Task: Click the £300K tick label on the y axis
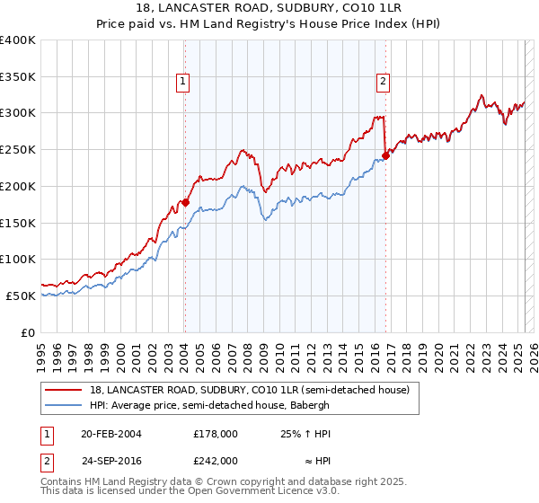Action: [18, 113]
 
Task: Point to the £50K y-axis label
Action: [21, 296]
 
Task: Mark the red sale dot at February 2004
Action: [185, 203]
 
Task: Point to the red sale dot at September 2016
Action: [385, 155]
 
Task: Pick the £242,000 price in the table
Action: [215, 460]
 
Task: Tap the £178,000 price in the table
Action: [215, 433]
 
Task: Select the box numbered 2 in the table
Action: [48, 460]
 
